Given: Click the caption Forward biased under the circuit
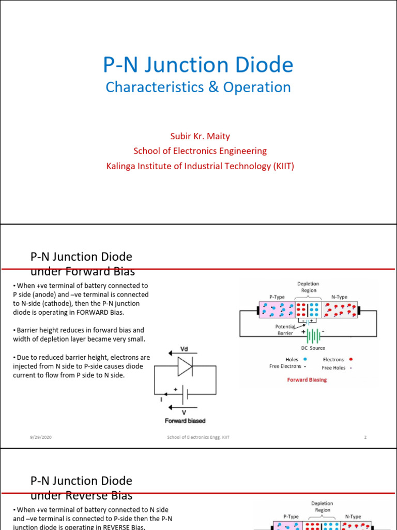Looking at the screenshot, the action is point(185,421).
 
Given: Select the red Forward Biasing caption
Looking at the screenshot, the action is point(307,379).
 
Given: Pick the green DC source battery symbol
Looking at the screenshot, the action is point(312,336).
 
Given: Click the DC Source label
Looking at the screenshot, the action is point(313,348).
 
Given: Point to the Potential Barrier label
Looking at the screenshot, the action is point(285,330).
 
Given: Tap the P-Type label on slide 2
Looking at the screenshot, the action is point(277,297).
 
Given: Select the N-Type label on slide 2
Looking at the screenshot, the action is point(340,297).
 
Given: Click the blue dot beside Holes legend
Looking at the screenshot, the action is point(306,359).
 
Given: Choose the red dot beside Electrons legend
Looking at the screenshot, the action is point(352,359).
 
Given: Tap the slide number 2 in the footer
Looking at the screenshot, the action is point(365,437).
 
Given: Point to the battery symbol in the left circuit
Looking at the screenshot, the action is point(185,395).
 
